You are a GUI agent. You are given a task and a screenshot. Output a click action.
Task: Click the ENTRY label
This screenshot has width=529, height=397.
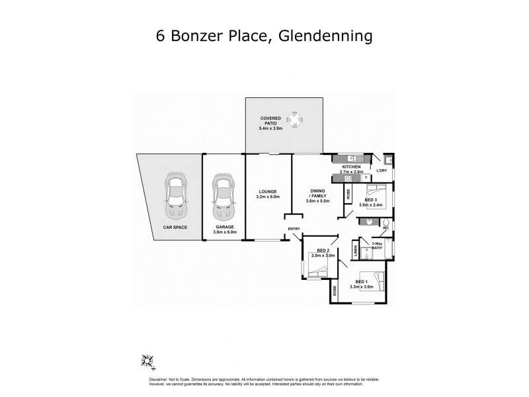294,230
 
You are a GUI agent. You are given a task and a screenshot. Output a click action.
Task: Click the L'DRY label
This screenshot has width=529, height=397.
382,172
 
